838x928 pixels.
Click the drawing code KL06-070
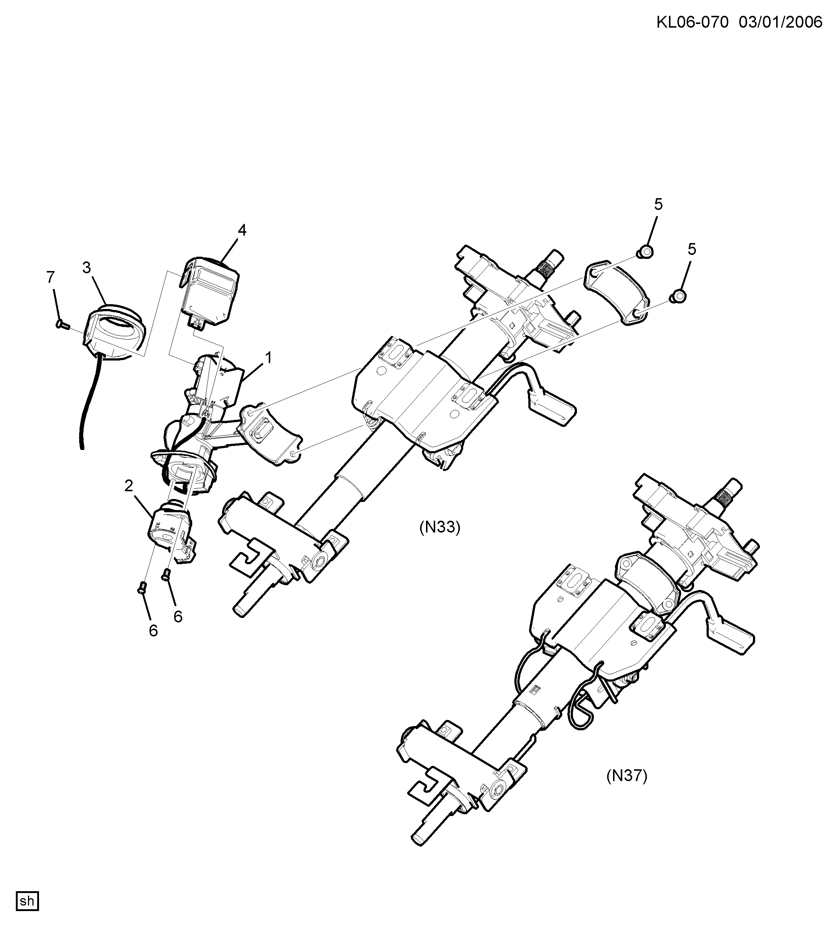pyautogui.click(x=692, y=22)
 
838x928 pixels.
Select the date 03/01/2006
pyautogui.click(x=781, y=22)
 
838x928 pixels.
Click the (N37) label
pyautogui.click(x=626, y=776)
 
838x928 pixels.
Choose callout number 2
pyautogui.click(x=128, y=485)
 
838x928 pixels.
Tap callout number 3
pyautogui.click(x=87, y=267)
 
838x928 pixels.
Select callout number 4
pyautogui.click(x=242, y=230)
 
